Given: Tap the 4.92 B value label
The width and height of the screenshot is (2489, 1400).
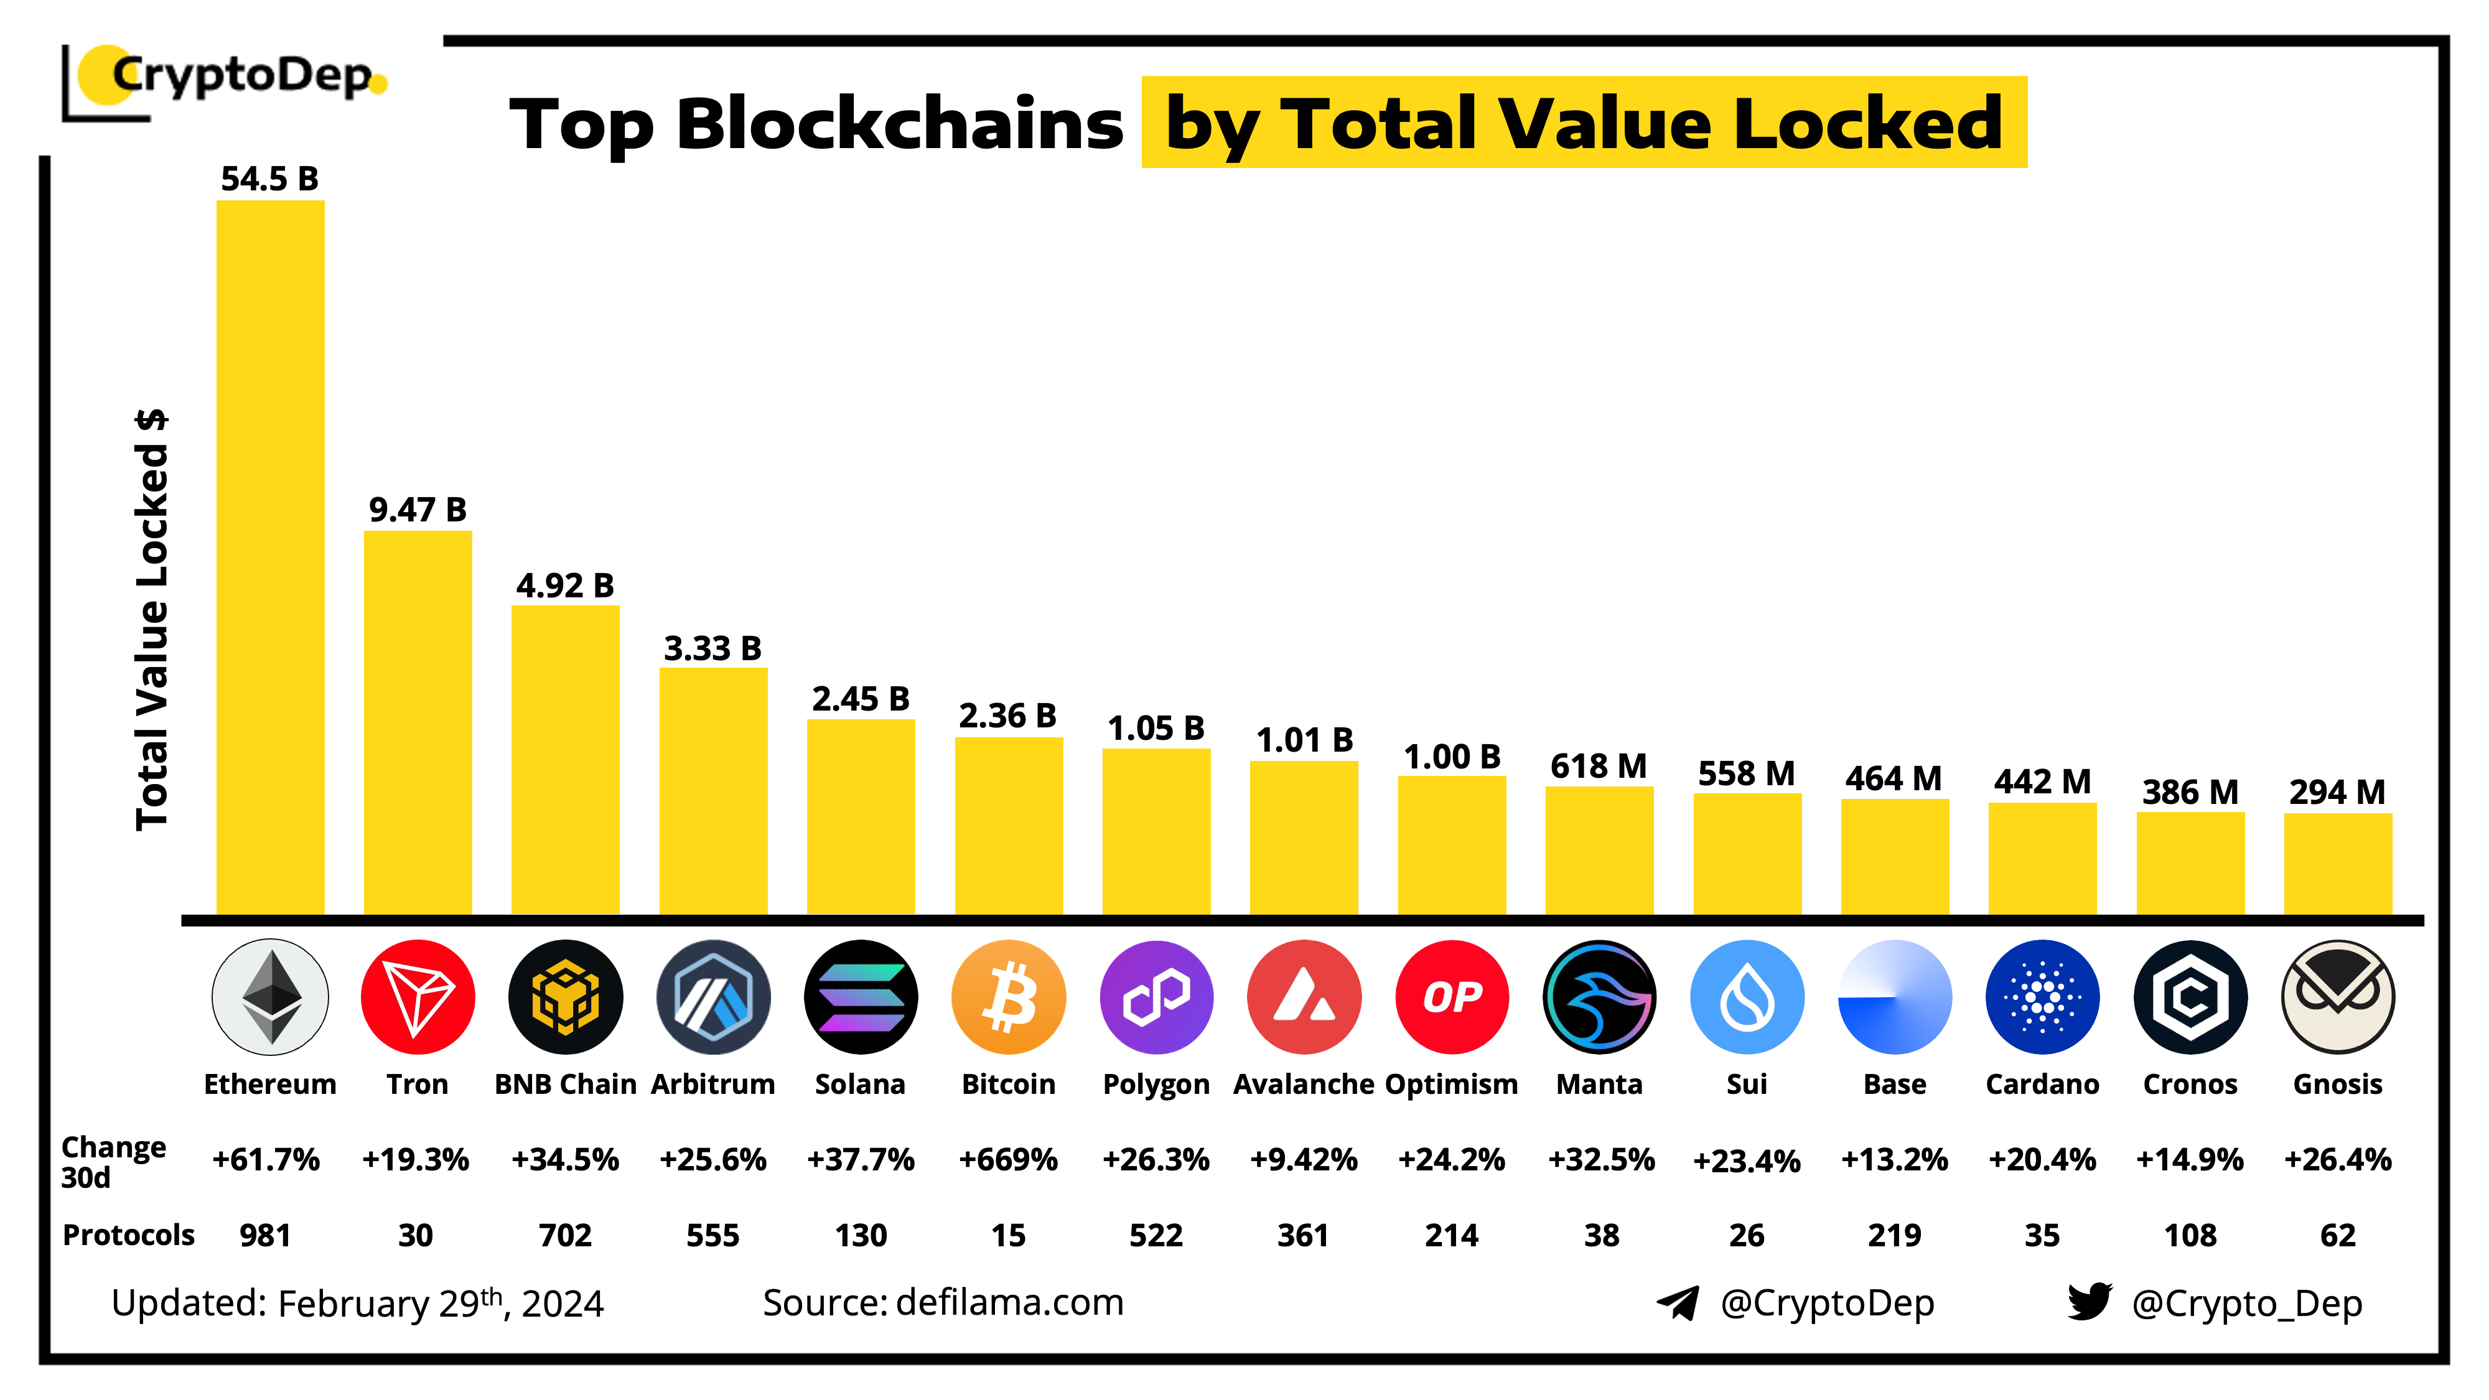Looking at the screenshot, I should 564,586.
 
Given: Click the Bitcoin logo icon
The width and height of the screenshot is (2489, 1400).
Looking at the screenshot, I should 1008,996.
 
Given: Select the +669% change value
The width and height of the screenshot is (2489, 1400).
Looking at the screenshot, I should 1008,1159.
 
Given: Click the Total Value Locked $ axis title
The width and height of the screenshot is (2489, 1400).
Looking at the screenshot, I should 152,618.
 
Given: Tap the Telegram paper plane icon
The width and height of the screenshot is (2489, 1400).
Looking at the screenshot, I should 1678,1302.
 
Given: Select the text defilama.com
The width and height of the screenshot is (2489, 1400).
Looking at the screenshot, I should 1010,1302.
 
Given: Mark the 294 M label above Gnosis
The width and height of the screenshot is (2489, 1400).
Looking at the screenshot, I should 2337,792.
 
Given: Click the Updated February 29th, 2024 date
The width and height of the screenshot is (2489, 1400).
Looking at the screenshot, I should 358,1304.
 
